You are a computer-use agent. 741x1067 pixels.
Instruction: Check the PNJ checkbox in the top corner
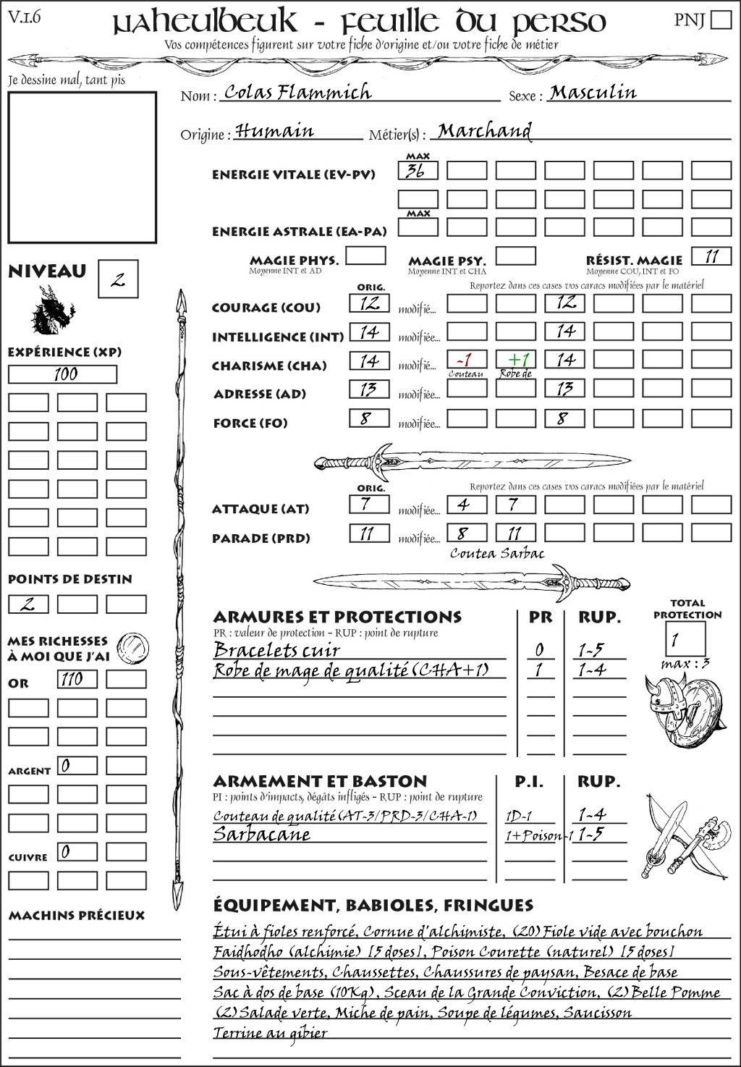[721, 20]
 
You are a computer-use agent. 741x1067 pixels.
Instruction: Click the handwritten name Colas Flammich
[297, 92]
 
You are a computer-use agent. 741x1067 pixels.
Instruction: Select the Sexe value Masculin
[593, 92]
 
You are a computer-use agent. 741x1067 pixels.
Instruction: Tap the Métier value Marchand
[484, 131]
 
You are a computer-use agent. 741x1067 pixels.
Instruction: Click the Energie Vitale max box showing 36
[418, 171]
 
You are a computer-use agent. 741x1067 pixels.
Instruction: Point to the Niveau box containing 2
[118, 279]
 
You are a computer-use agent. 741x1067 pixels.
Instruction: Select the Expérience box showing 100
[63, 374]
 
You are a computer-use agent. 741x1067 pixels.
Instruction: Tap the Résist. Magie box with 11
[711, 256]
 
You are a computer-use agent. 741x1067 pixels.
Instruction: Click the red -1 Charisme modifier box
[467, 360]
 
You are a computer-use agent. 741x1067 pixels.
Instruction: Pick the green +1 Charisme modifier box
[516, 360]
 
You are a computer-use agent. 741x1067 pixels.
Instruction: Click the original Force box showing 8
[369, 418]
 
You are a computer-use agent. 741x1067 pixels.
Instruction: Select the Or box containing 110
[77, 679]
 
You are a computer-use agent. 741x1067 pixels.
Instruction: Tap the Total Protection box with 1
[685, 639]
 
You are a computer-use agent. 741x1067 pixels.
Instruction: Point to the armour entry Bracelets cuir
[276, 650]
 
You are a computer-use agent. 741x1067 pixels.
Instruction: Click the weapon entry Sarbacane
[262, 834]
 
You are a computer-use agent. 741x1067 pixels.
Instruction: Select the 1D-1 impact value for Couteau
[519, 816]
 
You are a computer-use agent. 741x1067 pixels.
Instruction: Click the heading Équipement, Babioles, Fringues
[373, 906]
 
